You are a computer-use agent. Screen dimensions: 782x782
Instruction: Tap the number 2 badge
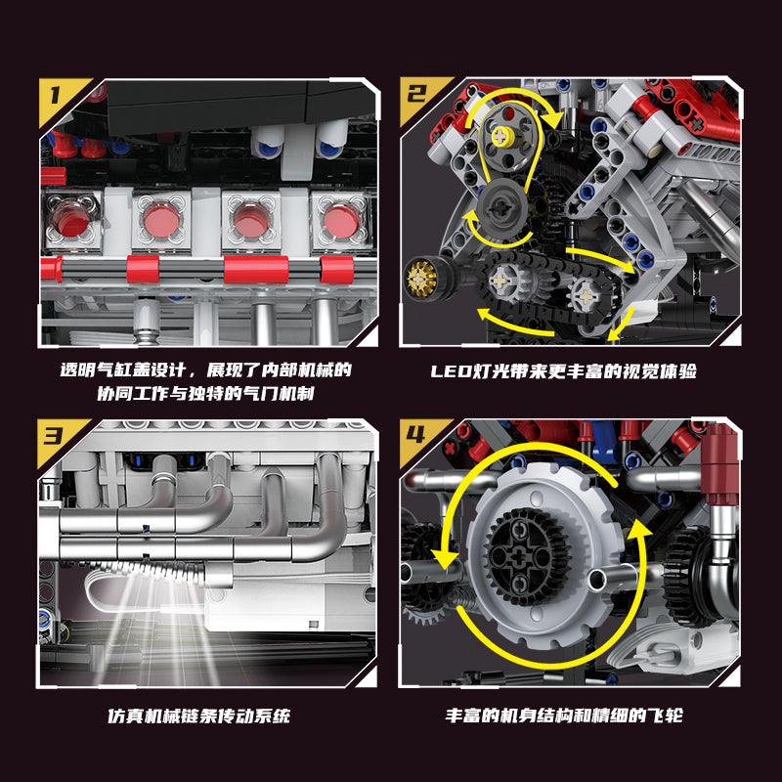tap(417, 96)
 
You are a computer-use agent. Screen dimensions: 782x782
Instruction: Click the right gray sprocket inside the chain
tap(585, 289)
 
